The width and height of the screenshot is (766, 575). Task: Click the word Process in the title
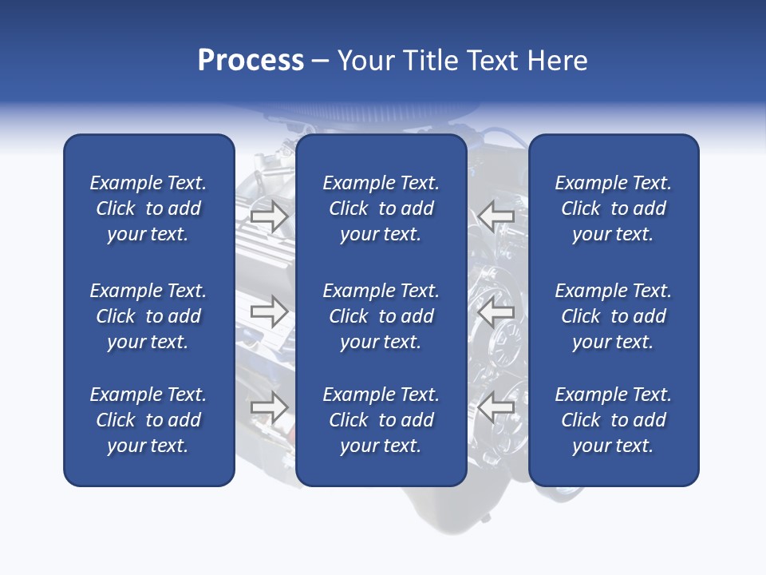[x=251, y=61]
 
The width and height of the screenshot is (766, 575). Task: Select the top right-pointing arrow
[x=269, y=216]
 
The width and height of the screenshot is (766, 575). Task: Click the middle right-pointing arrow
[x=269, y=311]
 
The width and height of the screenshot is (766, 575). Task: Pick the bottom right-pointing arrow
[x=269, y=407]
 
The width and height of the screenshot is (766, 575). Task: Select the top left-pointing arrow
[x=496, y=216]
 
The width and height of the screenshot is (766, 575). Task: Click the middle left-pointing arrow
[x=496, y=311]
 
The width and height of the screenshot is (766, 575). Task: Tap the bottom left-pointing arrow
[x=496, y=407]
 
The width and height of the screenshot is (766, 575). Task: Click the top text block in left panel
[x=148, y=208]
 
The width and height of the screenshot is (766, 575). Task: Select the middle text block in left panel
[x=148, y=316]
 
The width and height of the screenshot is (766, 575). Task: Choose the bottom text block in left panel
[x=148, y=420]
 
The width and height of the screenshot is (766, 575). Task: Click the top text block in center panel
[x=381, y=208]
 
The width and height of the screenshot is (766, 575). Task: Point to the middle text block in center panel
[x=381, y=316]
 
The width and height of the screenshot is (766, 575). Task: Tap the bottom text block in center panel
[x=381, y=420]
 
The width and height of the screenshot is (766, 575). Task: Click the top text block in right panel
[x=614, y=208]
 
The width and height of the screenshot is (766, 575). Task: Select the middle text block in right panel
[x=614, y=316]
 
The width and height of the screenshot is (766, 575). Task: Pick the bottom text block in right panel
[x=614, y=420]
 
